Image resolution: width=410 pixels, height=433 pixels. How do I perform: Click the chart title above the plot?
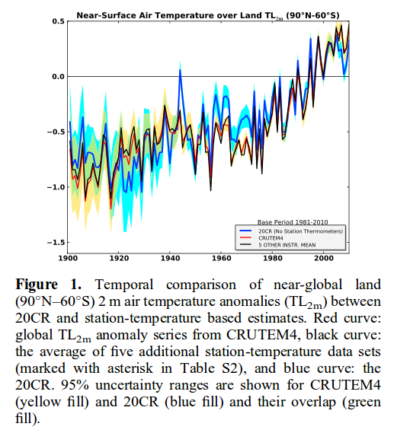207,15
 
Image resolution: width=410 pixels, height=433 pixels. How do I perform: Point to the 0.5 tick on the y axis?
58,21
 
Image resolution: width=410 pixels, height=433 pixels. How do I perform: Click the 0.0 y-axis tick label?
58,77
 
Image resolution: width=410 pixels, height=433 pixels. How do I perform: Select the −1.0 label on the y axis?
56,187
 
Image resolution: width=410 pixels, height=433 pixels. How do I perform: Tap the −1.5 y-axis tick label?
56,242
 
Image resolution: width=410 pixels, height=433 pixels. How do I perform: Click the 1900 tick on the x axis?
68,258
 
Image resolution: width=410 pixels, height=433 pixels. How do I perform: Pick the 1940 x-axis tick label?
170,258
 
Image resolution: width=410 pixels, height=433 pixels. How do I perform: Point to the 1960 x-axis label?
221,258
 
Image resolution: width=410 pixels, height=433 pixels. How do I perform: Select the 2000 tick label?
324,258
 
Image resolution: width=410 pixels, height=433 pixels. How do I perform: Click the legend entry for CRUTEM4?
271,238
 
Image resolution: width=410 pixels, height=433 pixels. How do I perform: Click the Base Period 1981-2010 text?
293,222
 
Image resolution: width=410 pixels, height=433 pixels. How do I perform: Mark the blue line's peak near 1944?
181,70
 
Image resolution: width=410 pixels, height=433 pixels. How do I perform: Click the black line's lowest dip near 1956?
210,190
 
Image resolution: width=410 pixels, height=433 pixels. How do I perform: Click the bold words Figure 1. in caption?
48,285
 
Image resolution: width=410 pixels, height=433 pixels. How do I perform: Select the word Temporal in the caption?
124,285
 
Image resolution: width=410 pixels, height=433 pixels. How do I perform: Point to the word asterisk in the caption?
130,368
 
